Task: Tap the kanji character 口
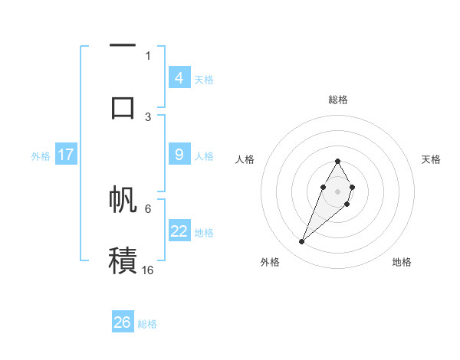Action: pyautogui.click(x=123, y=108)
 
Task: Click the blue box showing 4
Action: pyautogui.click(x=179, y=78)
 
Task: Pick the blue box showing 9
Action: pyautogui.click(x=179, y=155)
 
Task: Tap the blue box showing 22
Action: pyautogui.click(x=179, y=231)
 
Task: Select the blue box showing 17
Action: pyautogui.click(x=65, y=155)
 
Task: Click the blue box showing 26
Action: pyautogui.click(x=123, y=322)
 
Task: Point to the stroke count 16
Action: pyautogui.click(x=147, y=270)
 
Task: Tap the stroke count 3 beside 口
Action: pyautogui.click(x=148, y=116)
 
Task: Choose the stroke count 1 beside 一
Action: pyautogui.click(x=148, y=55)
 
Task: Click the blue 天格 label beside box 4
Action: pyautogui.click(x=203, y=79)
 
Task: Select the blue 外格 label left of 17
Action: pyautogui.click(x=41, y=155)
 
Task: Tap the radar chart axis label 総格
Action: pyautogui.click(x=337, y=100)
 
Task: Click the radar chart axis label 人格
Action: pyautogui.click(x=245, y=159)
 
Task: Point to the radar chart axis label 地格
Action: pyautogui.click(x=402, y=263)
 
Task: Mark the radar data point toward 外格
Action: pyautogui.click(x=301, y=242)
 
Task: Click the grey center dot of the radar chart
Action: pyautogui.click(x=337, y=191)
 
